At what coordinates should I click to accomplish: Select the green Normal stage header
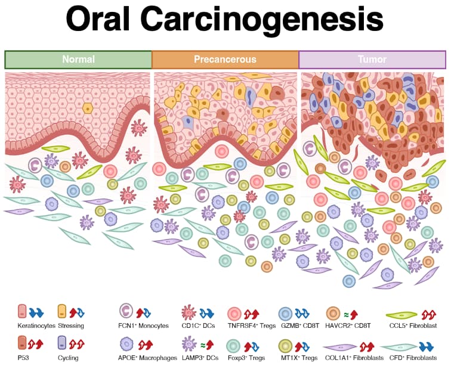(x=78, y=60)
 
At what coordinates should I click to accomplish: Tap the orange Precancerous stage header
(x=225, y=60)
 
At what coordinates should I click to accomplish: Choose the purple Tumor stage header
(x=372, y=60)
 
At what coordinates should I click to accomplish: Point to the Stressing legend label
(x=70, y=325)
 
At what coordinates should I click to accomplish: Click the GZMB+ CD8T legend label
(x=299, y=325)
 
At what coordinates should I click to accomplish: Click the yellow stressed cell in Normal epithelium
(x=88, y=108)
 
